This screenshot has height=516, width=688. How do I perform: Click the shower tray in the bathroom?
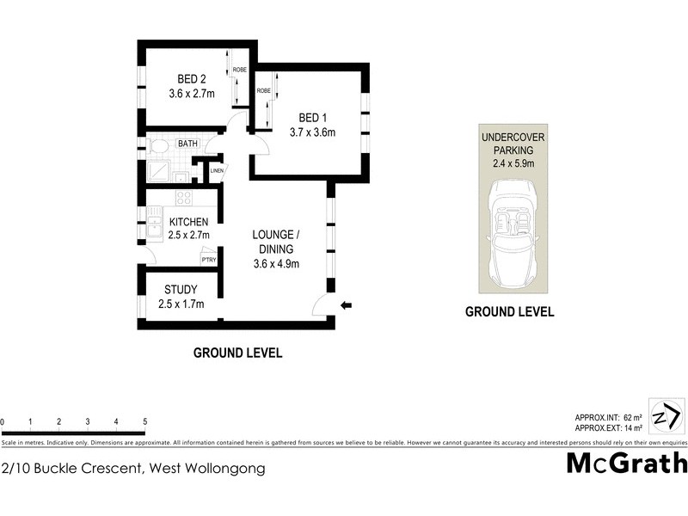161,172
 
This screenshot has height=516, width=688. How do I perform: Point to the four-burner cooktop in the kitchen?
184,198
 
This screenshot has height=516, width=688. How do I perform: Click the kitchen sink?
153,227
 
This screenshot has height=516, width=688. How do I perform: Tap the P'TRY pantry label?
207,259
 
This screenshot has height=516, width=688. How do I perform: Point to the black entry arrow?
347,304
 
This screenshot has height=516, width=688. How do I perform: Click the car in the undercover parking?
513,230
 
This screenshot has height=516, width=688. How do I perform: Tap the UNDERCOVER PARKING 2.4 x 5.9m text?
513,149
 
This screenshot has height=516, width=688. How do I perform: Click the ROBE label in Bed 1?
263,90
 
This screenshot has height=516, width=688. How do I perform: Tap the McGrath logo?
626,464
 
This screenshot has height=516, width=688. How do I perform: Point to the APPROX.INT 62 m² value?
610,417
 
